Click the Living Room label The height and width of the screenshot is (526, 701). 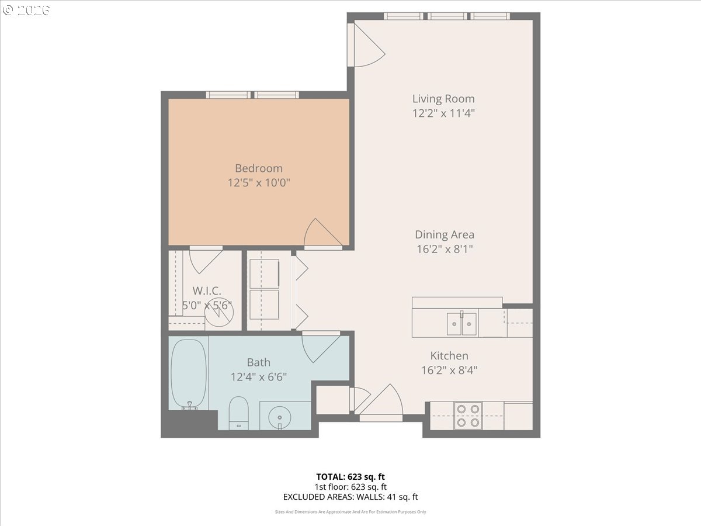443,99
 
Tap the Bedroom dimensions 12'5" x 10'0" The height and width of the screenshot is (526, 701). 259,183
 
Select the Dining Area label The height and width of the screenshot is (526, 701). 445,235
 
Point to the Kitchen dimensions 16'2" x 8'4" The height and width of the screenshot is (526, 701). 449,371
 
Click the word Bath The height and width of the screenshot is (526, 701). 259,362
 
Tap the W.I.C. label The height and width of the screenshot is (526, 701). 207,291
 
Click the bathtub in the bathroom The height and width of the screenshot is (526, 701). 189,373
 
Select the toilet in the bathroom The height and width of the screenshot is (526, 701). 238,413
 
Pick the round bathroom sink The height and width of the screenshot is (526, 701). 279,417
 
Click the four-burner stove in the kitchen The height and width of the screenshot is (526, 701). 468,416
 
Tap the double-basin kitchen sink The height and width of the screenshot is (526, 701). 461,324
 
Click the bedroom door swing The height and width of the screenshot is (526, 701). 322,233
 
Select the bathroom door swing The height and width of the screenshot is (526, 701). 321,347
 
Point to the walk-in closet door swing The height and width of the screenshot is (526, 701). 206,260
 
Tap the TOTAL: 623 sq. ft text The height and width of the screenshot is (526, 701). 350,477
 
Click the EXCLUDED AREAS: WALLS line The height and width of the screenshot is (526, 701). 350,497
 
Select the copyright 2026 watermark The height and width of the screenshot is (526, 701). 26,10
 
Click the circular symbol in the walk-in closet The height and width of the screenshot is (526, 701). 219,312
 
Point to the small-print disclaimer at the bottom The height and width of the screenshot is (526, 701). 350,512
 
